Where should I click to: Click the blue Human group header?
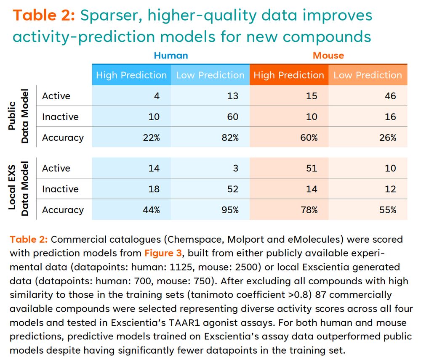(x=171, y=56)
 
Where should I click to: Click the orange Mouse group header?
(x=328, y=56)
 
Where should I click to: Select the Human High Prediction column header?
(x=131, y=75)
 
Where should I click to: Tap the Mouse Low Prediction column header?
(x=368, y=75)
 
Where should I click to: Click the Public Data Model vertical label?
(x=19, y=116)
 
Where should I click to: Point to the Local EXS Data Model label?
(x=19, y=189)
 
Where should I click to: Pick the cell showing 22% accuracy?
(x=151, y=138)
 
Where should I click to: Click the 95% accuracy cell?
(x=230, y=210)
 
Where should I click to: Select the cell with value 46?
(x=390, y=96)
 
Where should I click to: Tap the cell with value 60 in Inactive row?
(x=232, y=117)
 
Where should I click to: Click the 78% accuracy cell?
(x=309, y=210)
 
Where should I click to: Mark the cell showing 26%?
(x=388, y=138)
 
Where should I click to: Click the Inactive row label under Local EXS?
(x=60, y=189)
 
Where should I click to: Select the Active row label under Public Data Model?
(x=56, y=96)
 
